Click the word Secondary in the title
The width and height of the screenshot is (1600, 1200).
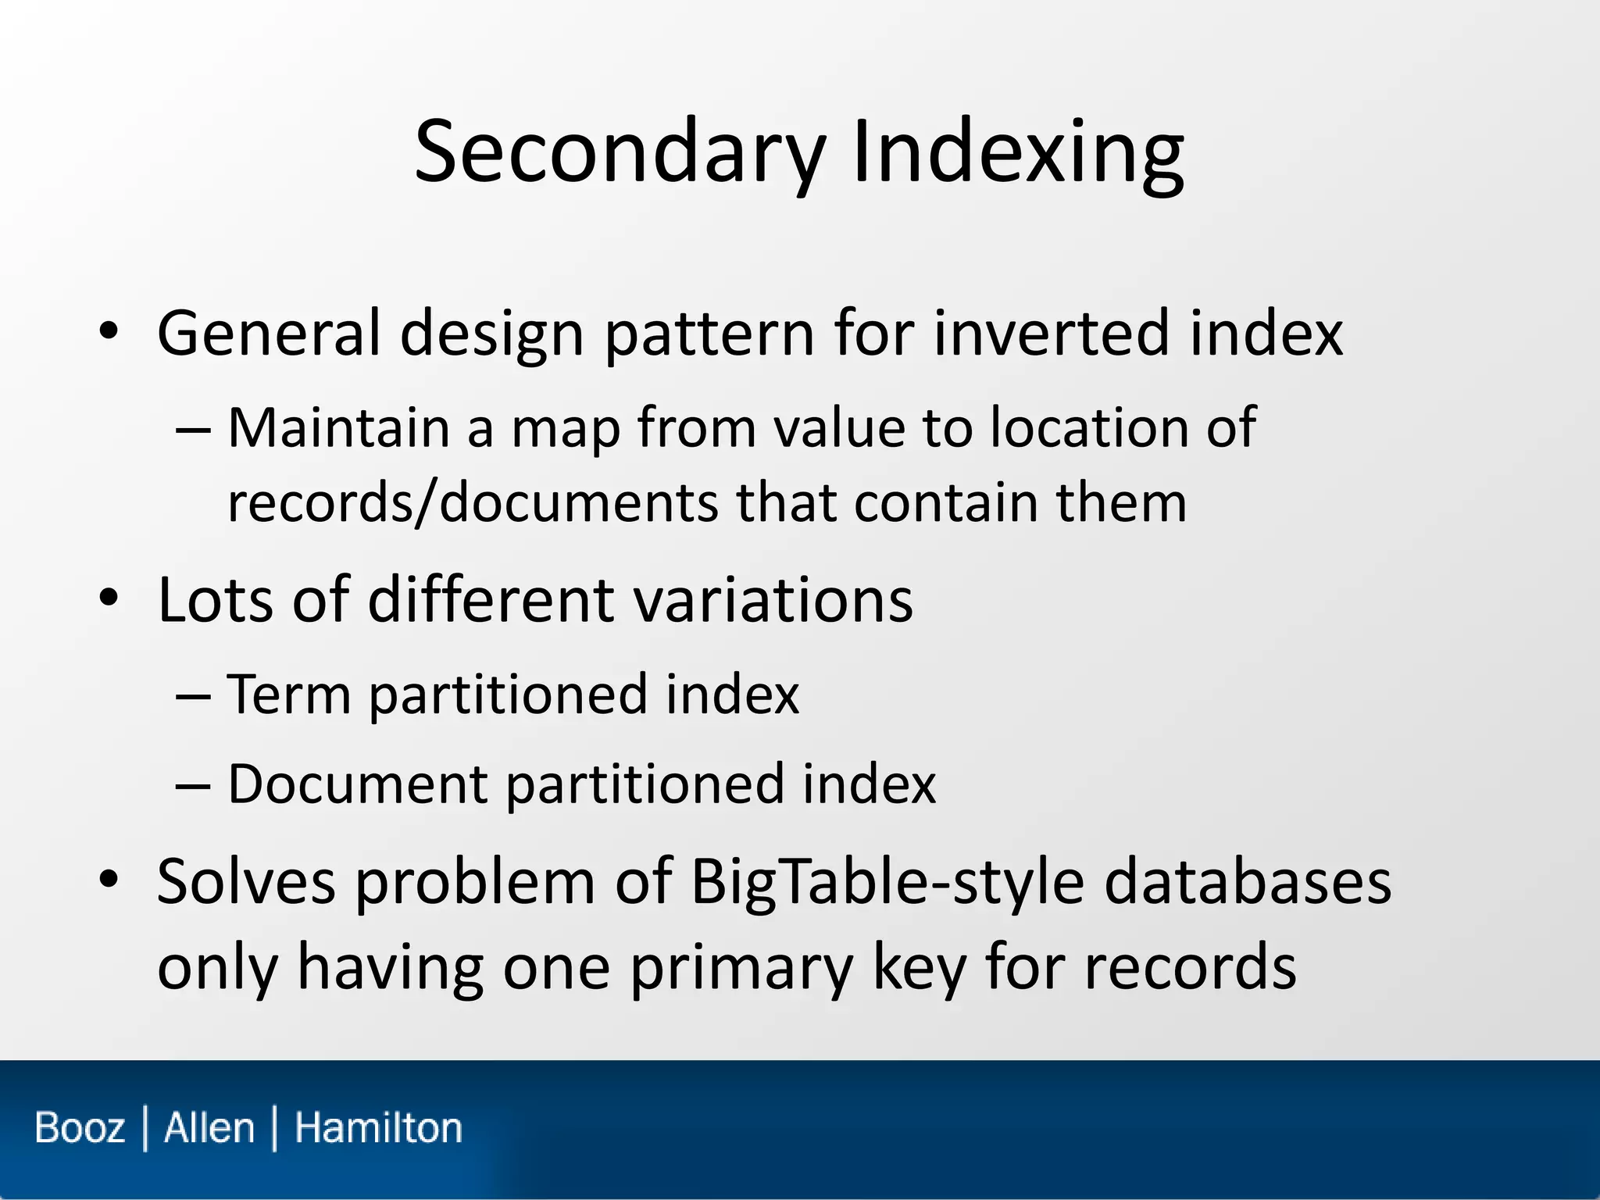(620, 152)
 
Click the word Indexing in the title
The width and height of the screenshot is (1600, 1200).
(1018, 152)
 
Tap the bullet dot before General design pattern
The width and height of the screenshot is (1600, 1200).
(109, 332)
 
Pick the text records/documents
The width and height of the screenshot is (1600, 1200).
(472, 502)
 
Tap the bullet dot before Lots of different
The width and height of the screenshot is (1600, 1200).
(109, 598)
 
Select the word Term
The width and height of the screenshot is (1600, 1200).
(288, 694)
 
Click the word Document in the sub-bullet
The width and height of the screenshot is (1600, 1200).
(357, 784)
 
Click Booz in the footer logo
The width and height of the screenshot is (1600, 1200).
(80, 1128)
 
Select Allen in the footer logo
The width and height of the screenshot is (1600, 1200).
(209, 1128)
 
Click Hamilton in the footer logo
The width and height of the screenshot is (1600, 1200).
(378, 1128)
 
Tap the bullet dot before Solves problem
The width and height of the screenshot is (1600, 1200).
(109, 880)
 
